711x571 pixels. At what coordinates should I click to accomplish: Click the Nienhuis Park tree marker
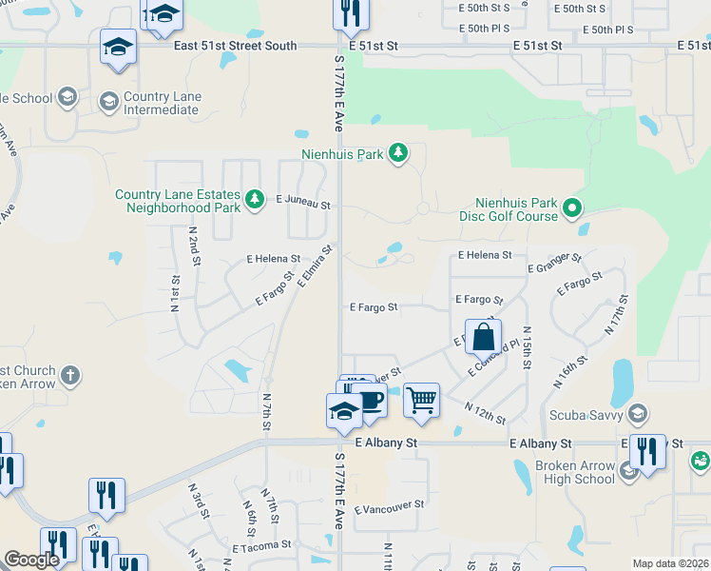coord(400,152)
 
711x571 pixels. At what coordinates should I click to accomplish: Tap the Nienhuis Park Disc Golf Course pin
coord(572,207)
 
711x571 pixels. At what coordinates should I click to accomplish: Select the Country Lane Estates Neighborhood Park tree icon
coord(254,199)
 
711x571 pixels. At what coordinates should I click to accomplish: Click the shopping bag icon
coord(484,336)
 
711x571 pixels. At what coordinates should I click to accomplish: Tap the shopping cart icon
coord(421,399)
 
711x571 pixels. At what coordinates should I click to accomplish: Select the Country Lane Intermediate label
coord(161,103)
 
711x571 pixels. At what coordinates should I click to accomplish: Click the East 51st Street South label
coord(235,46)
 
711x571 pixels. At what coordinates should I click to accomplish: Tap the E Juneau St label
coord(303,204)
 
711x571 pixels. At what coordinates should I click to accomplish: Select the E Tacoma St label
coord(261,546)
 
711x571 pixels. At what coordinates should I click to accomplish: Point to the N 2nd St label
coord(192,246)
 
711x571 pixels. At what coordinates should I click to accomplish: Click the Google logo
coord(31,560)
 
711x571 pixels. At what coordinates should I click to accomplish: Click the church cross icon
coord(69,376)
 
